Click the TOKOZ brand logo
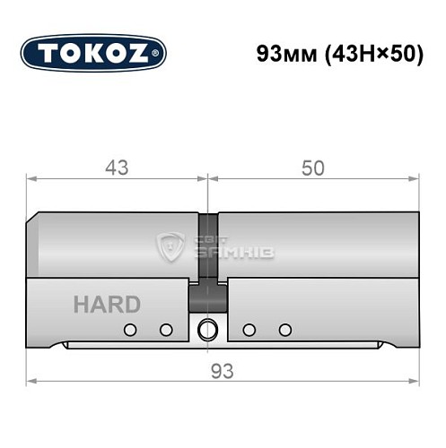(x=93, y=53)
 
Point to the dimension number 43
(x=116, y=168)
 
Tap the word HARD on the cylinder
(x=107, y=304)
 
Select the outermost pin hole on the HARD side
(x=131, y=329)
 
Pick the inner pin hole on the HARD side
(x=165, y=329)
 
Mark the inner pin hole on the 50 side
(x=250, y=329)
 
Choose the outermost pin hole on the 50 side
(x=284, y=329)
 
